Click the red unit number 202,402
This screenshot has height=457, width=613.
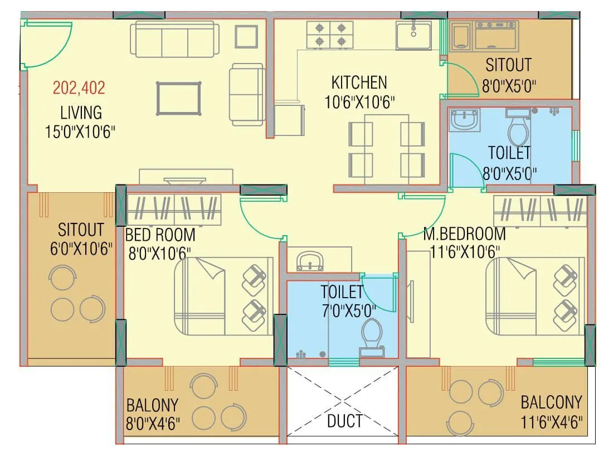(x=79, y=87)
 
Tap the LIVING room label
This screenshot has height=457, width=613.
(x=81, y=112)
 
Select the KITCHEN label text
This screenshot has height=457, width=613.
(x=359, y=83)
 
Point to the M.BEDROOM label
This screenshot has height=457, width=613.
(x=464, y=234)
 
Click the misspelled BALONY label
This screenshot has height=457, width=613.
(x=152, y=404)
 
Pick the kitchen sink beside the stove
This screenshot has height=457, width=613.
(x=413, y=35)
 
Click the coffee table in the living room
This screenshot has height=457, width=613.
(x=178, y=99)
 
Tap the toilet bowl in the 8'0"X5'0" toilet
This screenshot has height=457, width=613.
(x=518, y=129)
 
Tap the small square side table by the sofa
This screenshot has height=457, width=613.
(x=246, y=37)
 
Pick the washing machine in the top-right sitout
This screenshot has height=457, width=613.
(x=496, y=36)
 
